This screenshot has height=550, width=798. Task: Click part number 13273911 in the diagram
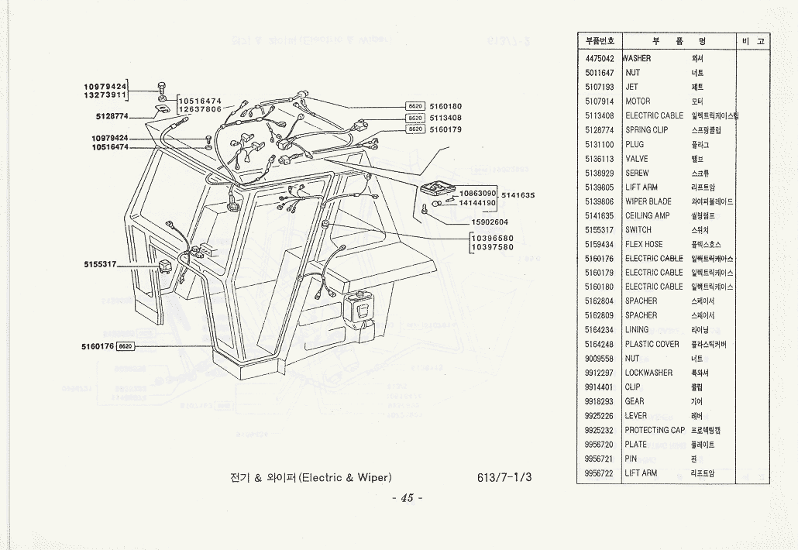pyautogui.click(x=105, y=95)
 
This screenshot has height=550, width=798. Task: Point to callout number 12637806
pyautogui.click(x=201, y=109)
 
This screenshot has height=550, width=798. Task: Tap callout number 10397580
pyautogui.click(x=492, y=247)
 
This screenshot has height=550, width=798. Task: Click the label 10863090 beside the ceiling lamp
pyautogui.click(x=477, y=192)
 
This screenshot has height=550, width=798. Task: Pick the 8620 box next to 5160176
pyautogui.click(x=127, y=345)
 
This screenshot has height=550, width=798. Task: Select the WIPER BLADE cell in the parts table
pyautogui.click(x=648, y=201)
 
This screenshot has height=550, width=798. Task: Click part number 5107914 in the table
pyautogui.click(x=600, y=101)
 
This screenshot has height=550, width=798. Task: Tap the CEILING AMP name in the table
pyautogui.click(x=647, y=215)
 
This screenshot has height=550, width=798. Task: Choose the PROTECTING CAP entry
pyautogui.click(x=655, y=430)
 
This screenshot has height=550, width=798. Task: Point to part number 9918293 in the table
pyautogui.click(x=600, y=401)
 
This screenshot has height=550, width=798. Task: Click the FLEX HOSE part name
pyautogui.click(x=644, y=244)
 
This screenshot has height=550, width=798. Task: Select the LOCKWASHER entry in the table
pyautogui.click(x=648, y=373)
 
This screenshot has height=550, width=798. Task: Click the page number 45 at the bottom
pyautogui.click(x=407, y=498)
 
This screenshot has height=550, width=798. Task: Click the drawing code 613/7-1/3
pyautogui.click(x=505, y=476)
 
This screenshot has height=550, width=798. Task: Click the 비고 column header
pyautogui.click(x=752, y=40)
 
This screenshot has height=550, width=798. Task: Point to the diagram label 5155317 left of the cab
pyautogui.click(x=100, y=264)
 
